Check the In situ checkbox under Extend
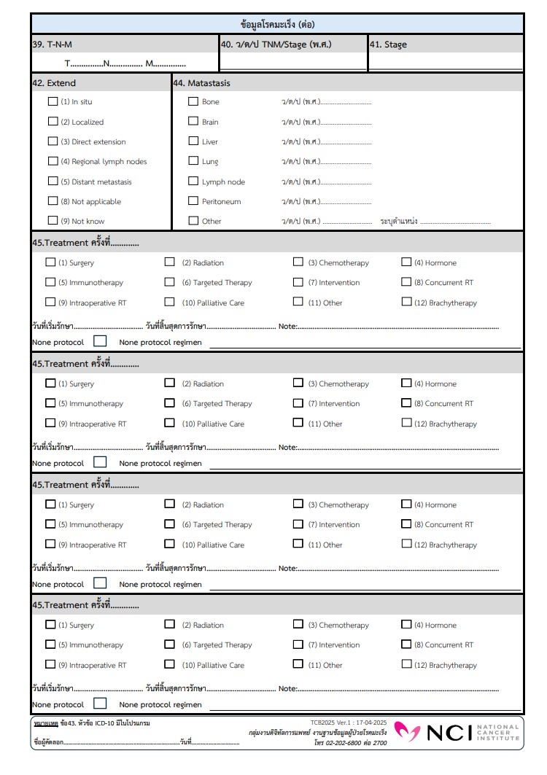53,101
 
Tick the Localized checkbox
53,122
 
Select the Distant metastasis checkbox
53,181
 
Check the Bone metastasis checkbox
193,101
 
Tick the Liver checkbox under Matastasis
193,141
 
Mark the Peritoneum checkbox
193,200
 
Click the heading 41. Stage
388,44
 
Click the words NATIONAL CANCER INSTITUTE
497,732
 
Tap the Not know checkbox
53,220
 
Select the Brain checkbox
193,122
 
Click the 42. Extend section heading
54,83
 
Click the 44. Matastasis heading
202,83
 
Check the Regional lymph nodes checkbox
53,161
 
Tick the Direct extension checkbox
53,141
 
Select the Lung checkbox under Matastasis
193,161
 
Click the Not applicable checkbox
53,200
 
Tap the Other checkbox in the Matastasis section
193,220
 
